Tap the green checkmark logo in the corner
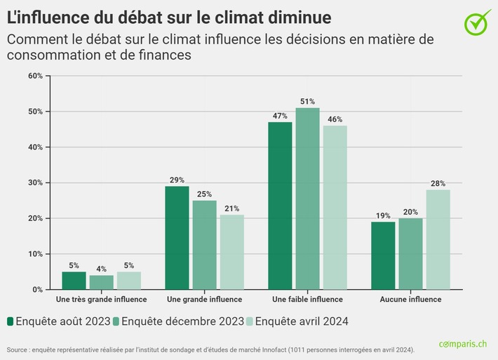[x=478, y=22]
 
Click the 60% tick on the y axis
[x=34, y=76]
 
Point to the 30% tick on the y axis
[x=34, y=182]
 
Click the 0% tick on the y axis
[x=37, y=289]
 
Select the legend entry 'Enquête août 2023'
[x=60, y=321]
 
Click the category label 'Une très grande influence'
[x=101, y=300]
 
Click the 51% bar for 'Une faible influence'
[x=307, y=199]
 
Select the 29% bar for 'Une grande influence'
[x=177, y=238]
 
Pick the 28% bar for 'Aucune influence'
[x=438, y=239]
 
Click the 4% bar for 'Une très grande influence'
[x=101, y=282]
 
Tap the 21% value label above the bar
[x=231, y=208]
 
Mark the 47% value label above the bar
[x=280, y=116]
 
